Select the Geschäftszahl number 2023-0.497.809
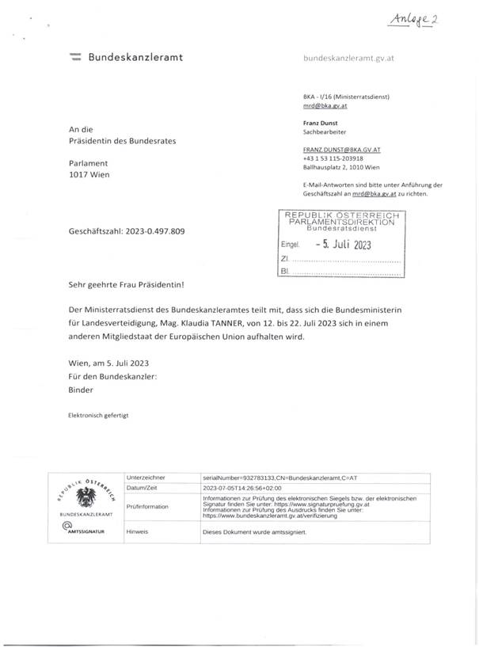point(156,232)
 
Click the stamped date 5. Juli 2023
point(342,245)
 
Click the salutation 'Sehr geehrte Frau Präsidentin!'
point(125,284)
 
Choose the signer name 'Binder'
point(81,390)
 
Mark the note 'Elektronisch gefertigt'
point(92,415)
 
